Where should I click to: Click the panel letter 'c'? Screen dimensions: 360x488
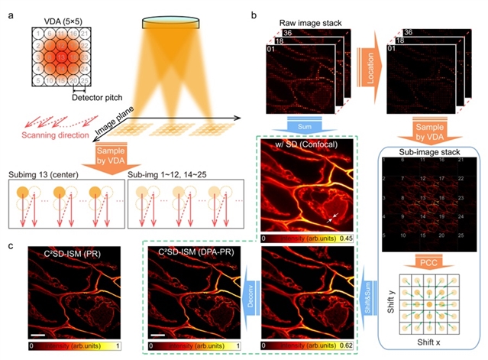pyautogui.click(x=7, y=243)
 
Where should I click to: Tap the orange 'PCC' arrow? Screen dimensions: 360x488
pyautogui.click(x=431, y=262)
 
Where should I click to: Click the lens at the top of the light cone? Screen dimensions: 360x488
pyautogui.click(x=173, y=23)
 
